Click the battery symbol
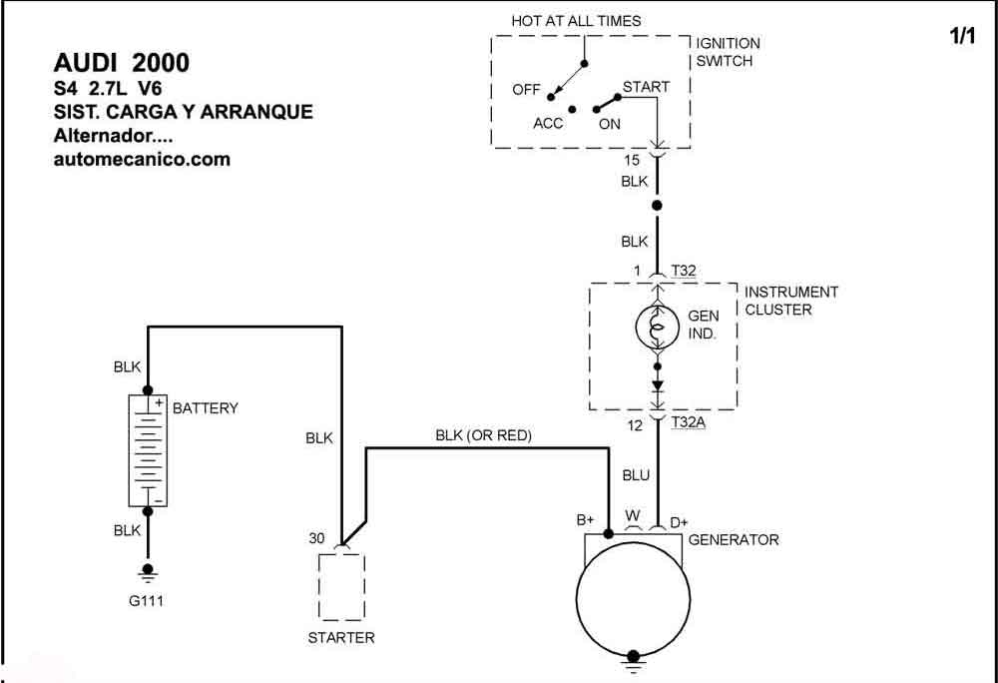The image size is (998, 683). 148,450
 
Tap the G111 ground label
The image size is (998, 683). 147,600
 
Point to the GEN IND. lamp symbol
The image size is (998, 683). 658,328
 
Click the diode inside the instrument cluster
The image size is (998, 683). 658,386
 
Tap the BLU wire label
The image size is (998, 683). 636,475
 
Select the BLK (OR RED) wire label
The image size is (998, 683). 484,435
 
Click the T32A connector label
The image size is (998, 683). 688,422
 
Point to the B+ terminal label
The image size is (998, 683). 586,520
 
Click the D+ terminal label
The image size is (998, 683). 679,522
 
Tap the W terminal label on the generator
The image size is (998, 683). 633,515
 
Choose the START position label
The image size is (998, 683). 646,87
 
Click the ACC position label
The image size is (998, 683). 548,123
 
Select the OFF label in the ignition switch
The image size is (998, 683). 526,90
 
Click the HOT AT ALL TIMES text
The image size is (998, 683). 576,21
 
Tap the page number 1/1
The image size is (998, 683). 962,36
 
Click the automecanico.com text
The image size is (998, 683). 142,159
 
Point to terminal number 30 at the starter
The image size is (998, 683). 316,538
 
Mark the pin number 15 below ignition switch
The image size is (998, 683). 632,161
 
